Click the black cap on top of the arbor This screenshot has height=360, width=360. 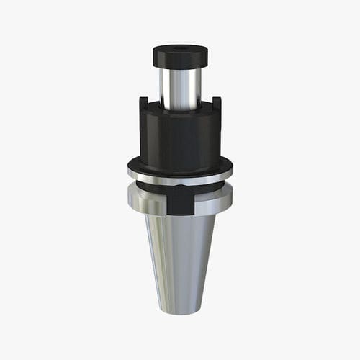(x=180, y=56)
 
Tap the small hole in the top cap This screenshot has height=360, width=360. (x=180, y=49)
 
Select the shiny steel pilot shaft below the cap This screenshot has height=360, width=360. (x=180, y=86)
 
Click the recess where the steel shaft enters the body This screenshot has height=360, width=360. (x=180, y=108)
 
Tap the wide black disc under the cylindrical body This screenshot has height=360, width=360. (x=180, y=164)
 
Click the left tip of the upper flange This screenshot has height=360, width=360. (x=129, y=170)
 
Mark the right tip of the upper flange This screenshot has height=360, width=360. (x=231, y=170)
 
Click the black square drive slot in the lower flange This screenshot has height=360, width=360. (x=180, y=202)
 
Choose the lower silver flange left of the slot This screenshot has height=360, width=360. (x=148, y=202)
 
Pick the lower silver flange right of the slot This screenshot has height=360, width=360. (x=212, y=202)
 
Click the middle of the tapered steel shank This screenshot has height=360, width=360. (x=180, y=259)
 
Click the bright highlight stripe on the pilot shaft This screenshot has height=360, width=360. (x=173, y=86)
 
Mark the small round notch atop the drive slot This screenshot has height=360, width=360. (x=180, y=189)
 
